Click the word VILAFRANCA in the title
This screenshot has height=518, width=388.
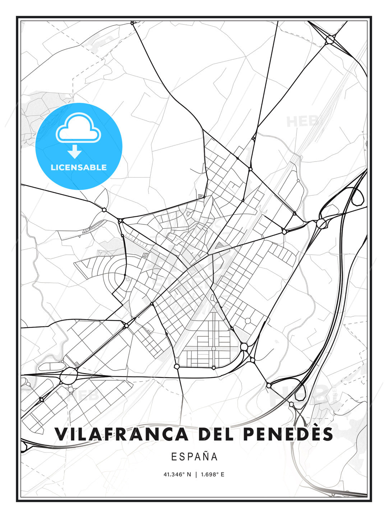coord(121,434)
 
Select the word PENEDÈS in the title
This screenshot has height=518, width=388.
coord(288,434)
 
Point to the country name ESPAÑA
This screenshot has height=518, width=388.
coord(194,456)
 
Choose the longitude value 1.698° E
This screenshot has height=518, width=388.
coord(213,474)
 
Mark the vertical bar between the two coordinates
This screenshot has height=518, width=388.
coord(196,474)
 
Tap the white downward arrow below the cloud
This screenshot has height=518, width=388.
coord(75,152)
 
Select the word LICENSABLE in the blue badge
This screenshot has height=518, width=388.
coord(79,167)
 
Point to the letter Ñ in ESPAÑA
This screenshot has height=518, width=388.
coord(206,456)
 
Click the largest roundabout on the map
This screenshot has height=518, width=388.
coord(69,376)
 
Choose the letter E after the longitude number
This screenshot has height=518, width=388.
coord(222,474)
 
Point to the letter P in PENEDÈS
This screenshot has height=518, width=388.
coord(249,434)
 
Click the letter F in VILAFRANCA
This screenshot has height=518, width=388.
coord(110,434)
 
